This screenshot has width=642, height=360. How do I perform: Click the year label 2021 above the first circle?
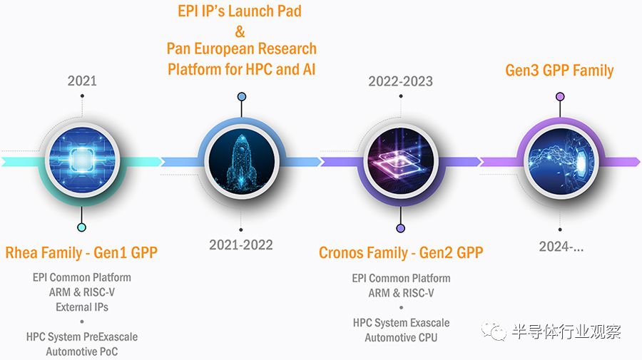[82, 81]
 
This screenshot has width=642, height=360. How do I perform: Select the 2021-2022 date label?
[241, 245]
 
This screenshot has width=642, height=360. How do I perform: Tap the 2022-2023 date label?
[400, 81]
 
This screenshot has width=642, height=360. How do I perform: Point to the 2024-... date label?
[561, 246]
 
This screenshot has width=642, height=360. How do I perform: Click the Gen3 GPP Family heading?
[559, 71]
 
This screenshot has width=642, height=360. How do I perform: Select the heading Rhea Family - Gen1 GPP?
[81, 252]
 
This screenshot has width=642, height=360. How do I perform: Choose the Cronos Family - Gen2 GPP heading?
[401, 252]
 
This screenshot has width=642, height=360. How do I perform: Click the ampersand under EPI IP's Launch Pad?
[240, 31]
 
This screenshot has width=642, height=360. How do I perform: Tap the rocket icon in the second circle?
[241, 161]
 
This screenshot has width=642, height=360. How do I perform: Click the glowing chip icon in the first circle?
[82, 160]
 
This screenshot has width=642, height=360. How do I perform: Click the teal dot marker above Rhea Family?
[81, 227]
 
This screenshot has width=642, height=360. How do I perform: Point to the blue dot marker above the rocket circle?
[242, 96]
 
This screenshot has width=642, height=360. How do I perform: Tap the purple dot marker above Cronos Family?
[401, 228]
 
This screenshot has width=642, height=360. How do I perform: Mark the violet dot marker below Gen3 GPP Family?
[560, 96]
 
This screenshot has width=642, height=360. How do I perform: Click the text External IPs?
[82, 307]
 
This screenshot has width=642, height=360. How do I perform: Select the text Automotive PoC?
[82, 351]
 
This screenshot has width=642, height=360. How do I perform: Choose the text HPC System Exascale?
[401, 323]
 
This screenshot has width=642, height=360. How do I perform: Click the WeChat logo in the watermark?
[494, 331]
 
